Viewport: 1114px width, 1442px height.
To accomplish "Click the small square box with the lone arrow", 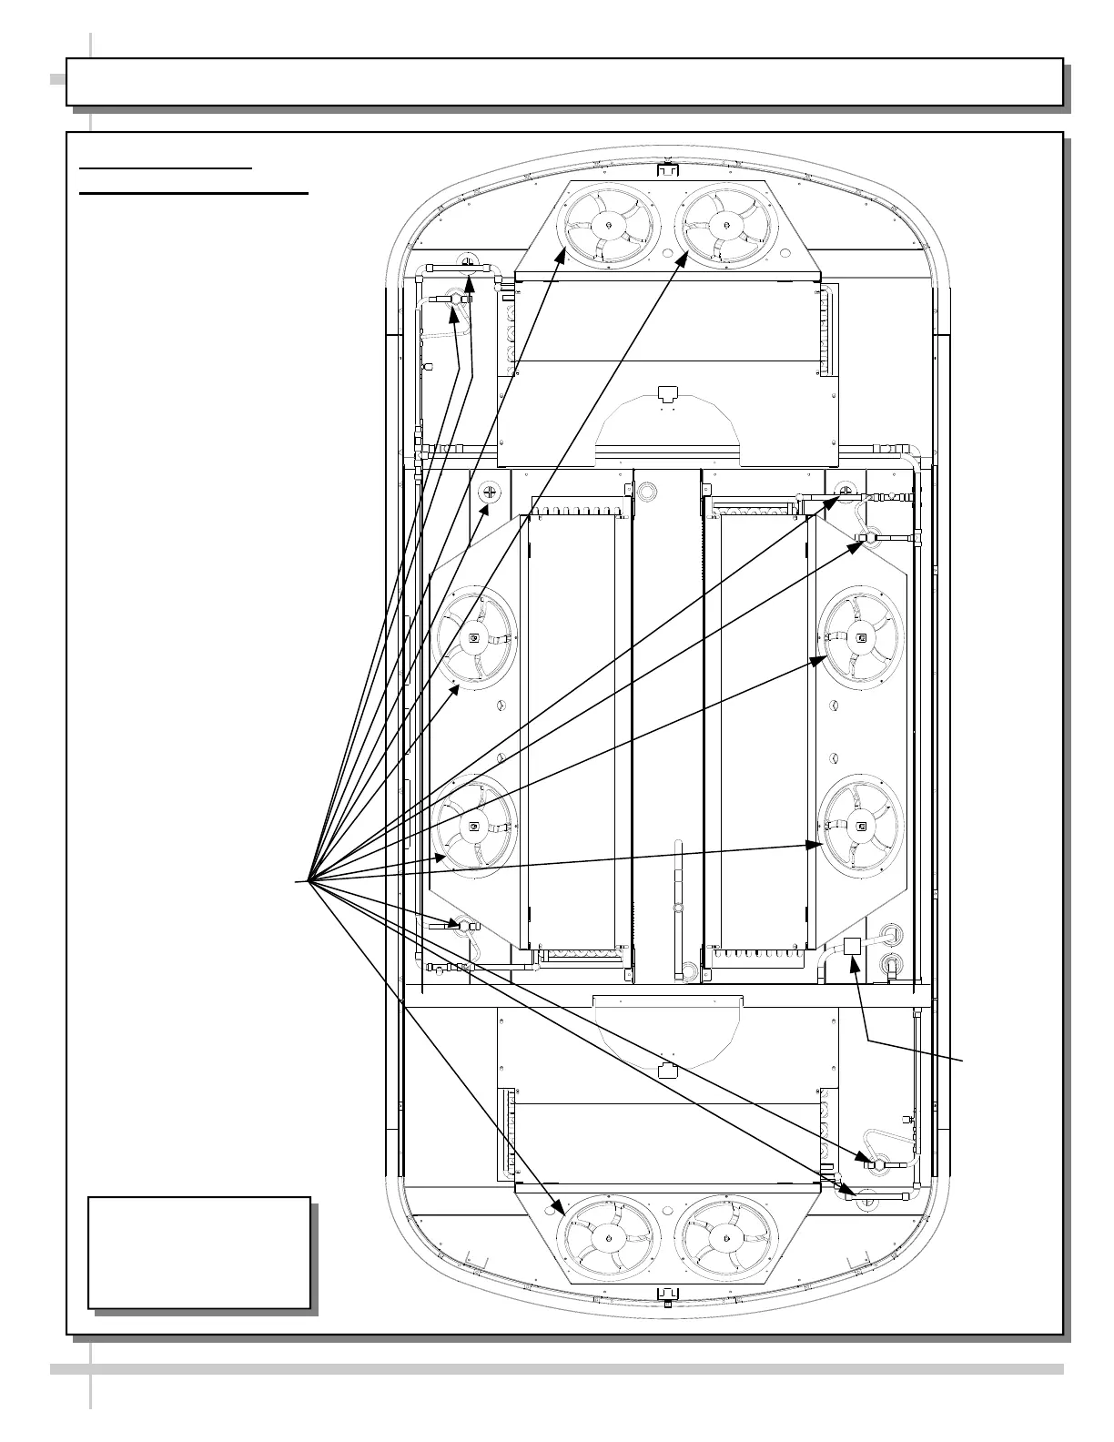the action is point(853,946).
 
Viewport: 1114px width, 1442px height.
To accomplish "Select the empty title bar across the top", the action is point(564,82).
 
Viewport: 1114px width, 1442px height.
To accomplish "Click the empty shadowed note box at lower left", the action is point(199,1253).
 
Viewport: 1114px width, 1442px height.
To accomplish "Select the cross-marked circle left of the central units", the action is point(490,493).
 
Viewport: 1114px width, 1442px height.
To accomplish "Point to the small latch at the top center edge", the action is point(667,170).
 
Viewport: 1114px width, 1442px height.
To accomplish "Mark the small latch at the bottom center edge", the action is point(667,1293).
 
